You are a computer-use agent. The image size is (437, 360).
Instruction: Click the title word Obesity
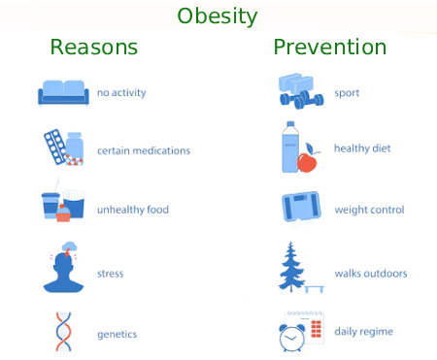[x=218, y=16]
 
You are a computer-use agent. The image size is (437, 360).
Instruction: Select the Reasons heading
[x=93, y=47]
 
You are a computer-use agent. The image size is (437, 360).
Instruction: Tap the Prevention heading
[x=329, y=47]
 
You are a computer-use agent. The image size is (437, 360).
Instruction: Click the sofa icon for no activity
[x=63, y=92]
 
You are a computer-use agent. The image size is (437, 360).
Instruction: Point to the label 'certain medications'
[x=144, y=150]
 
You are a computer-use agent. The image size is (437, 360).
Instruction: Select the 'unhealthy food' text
[x=138, y=209]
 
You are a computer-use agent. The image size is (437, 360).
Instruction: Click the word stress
[x=110, y=274]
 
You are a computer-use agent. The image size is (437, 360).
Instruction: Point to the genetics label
[x=117, y=334]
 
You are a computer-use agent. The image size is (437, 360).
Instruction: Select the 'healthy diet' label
[x=362, y=148]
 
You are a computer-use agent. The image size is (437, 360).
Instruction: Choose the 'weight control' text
[x=369, y=210]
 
